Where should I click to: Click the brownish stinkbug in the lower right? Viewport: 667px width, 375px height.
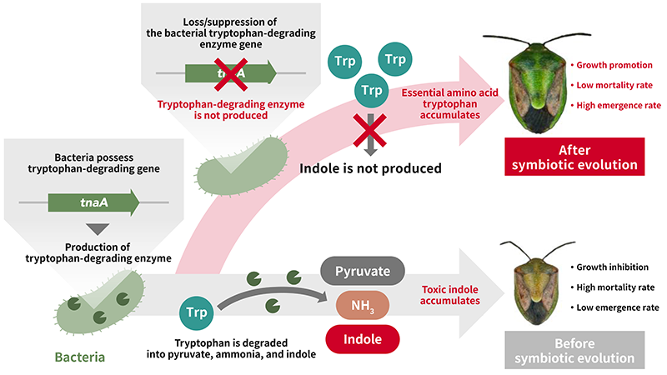[533, 283]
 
